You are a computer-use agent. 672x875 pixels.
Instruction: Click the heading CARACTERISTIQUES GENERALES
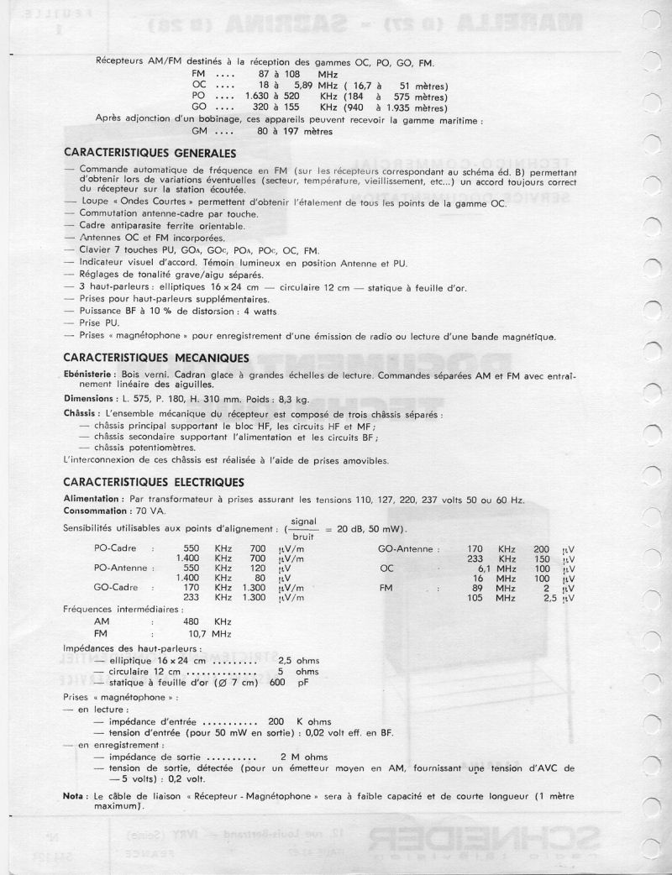tap(150, 153)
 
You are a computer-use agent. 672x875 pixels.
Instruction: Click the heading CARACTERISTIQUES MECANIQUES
tap(154, 356)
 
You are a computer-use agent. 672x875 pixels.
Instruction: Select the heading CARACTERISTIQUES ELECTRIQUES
tap(154, 482)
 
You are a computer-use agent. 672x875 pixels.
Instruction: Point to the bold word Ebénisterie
tap(92, 372)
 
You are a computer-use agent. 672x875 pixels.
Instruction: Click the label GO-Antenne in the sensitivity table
tap(409, 548)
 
